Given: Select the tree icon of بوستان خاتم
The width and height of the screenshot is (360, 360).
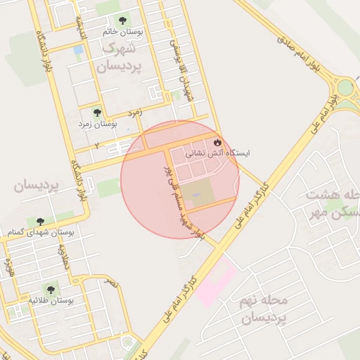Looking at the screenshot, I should pos(123,21).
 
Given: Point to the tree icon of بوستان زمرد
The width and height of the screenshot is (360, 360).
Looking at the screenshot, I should pos(97,112).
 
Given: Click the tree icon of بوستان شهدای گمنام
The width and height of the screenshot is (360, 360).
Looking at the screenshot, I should pos(40,221).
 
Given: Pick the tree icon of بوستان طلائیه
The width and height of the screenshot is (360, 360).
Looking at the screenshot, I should pos(50,288).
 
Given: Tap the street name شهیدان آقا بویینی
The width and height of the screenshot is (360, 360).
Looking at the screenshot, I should pos(181,70).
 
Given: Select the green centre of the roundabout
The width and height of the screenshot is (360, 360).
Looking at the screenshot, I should pos(347,88).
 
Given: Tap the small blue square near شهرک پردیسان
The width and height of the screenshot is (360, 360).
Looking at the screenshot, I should pos(77,50).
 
